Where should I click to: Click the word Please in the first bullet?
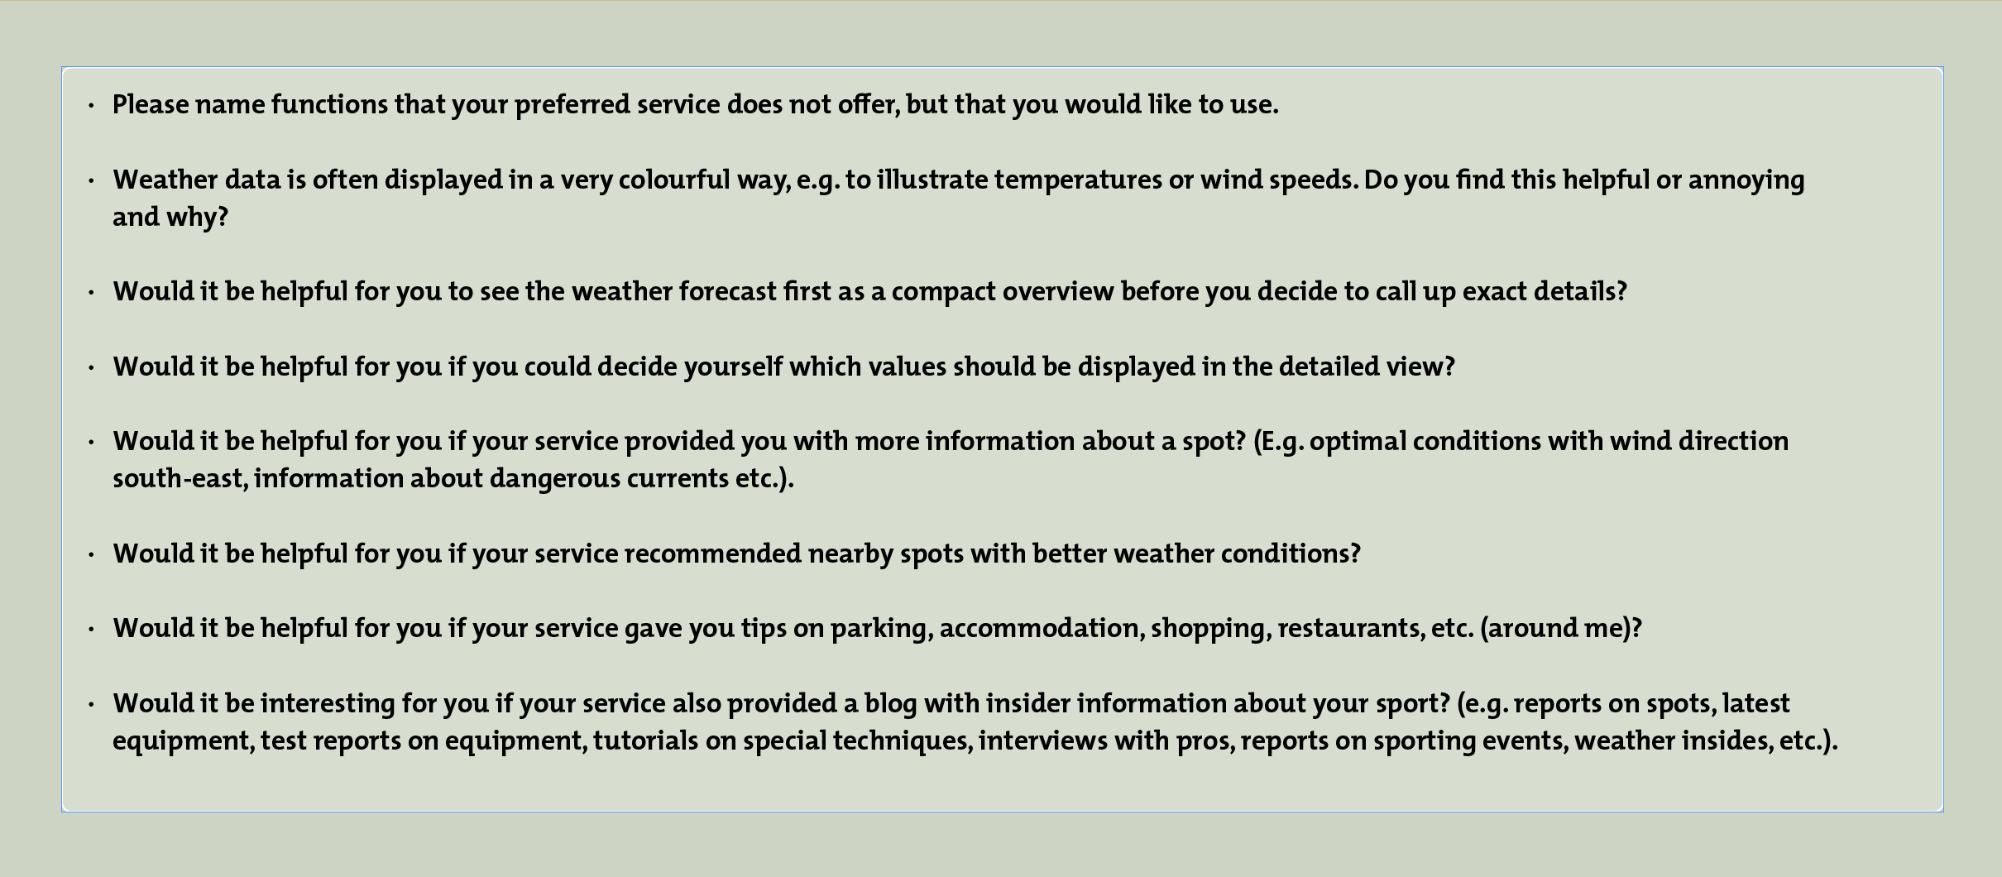coord(151,104)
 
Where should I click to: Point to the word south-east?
coord(180,479)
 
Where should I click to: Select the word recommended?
coord(712,554)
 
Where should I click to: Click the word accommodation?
coord(1042,629)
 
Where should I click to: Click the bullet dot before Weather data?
coord(91,180)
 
